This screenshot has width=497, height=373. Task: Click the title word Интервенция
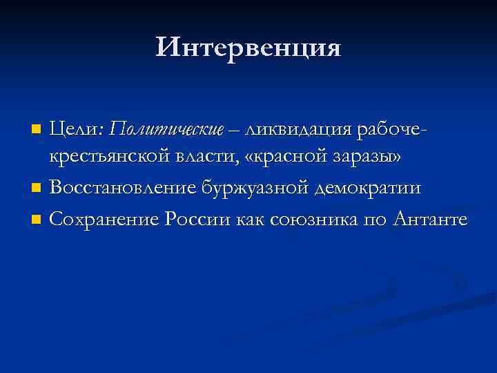pyautogui.click(x=248, y=47)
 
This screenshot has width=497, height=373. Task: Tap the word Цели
pyautogui.click(x=76, y=128)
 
